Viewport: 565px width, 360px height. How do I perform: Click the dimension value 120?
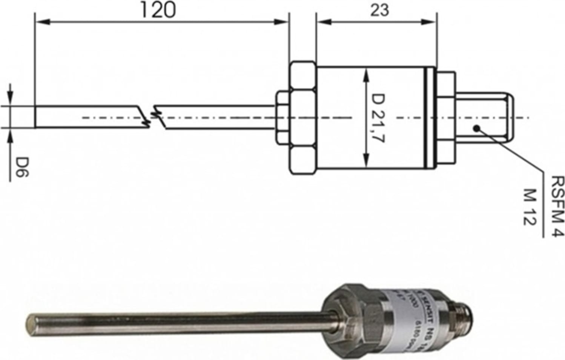tap(158, 10)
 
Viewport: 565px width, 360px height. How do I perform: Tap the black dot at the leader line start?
tap(477, 128)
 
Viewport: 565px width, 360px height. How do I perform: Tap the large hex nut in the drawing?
tap(302, 118)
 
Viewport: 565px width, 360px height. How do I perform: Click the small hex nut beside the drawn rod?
tap(282, 118)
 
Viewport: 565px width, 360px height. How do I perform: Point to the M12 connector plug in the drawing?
tap(484, 118)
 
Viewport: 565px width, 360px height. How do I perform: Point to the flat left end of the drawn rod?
tap(36, 117)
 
